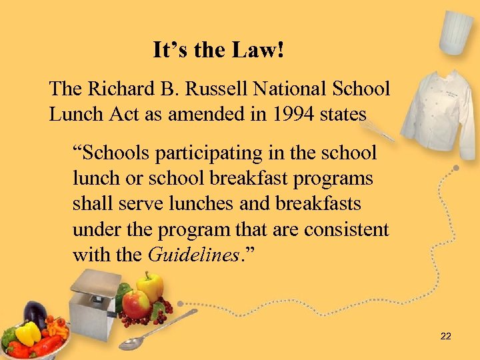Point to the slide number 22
[446, 336]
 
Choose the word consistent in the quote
[347, 229]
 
